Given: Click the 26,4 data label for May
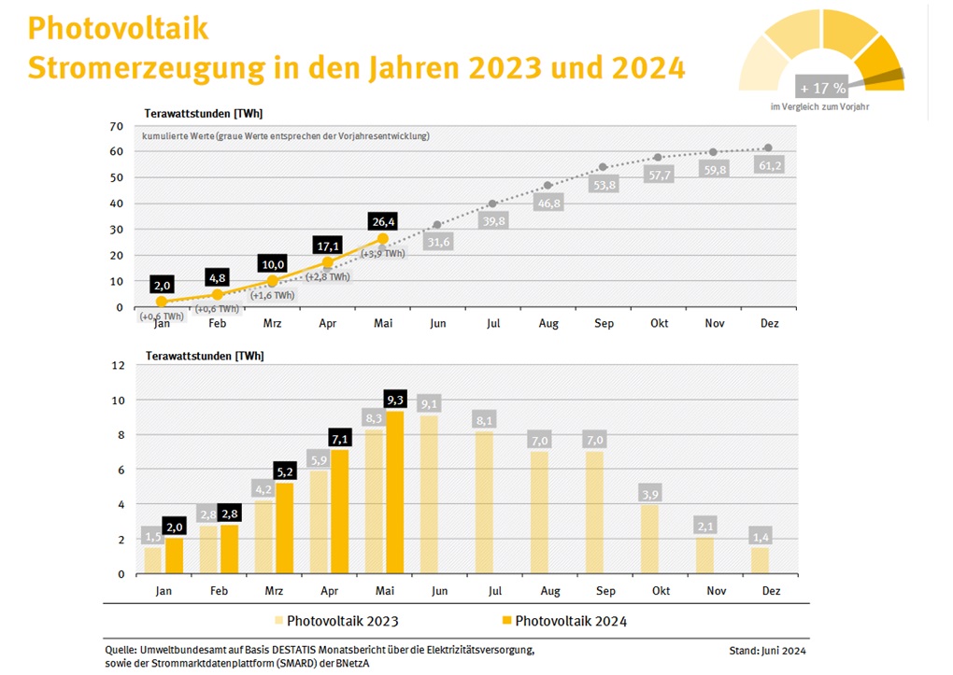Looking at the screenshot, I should (x=382, y=222).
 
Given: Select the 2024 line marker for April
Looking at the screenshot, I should (x=327, y=263).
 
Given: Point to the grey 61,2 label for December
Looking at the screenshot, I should (x=768, y=165).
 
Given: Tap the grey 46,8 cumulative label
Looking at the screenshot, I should (x=548, y=204).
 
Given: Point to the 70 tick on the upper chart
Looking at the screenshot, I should (x=117, y=126).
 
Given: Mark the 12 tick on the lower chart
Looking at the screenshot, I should (x=117, y=365).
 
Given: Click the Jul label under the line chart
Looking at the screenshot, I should (x=492, y=323).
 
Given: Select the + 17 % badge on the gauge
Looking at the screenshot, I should (x=822, y=89).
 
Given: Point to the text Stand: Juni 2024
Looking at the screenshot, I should (x=768, y=650).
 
